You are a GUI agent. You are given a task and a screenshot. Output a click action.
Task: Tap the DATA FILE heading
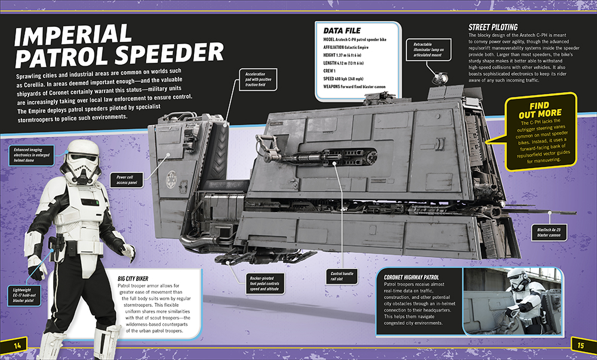click(x=343, y=30)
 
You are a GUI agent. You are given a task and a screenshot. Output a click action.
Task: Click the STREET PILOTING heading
click(x=493, y=27)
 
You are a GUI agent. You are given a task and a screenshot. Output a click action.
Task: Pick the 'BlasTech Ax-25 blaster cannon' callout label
click(x=547, y=232)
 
